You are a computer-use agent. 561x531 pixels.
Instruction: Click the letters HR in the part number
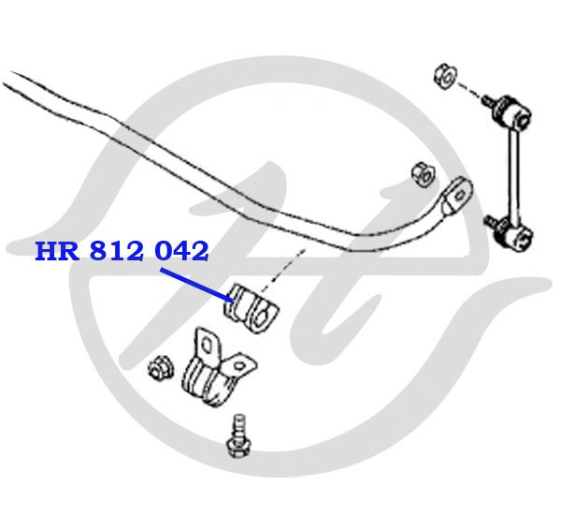click(57, 251)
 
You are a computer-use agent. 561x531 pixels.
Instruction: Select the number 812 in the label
click(117, 251)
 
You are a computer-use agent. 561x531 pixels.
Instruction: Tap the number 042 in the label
click(181, 251)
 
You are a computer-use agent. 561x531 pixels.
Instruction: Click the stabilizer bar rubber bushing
click(251, 309)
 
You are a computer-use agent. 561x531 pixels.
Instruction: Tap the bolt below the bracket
click(238, 436)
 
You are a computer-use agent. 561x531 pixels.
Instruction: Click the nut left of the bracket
click(161, 368)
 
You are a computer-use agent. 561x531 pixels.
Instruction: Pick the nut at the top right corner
click(446, 76)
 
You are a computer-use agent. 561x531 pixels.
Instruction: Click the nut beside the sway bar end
click(423, 175)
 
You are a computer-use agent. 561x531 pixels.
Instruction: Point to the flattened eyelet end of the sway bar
click(457, 195)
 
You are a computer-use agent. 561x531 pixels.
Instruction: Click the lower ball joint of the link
click(511, 233)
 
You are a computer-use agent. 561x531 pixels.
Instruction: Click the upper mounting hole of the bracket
click(207, 346)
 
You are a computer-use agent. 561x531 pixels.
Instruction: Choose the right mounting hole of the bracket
click(239, 365)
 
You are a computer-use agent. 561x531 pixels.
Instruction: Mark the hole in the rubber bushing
click(263, 317)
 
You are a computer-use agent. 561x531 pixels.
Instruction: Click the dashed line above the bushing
click(282, 270)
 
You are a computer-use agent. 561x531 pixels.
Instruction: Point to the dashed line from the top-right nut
click(469, 90)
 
